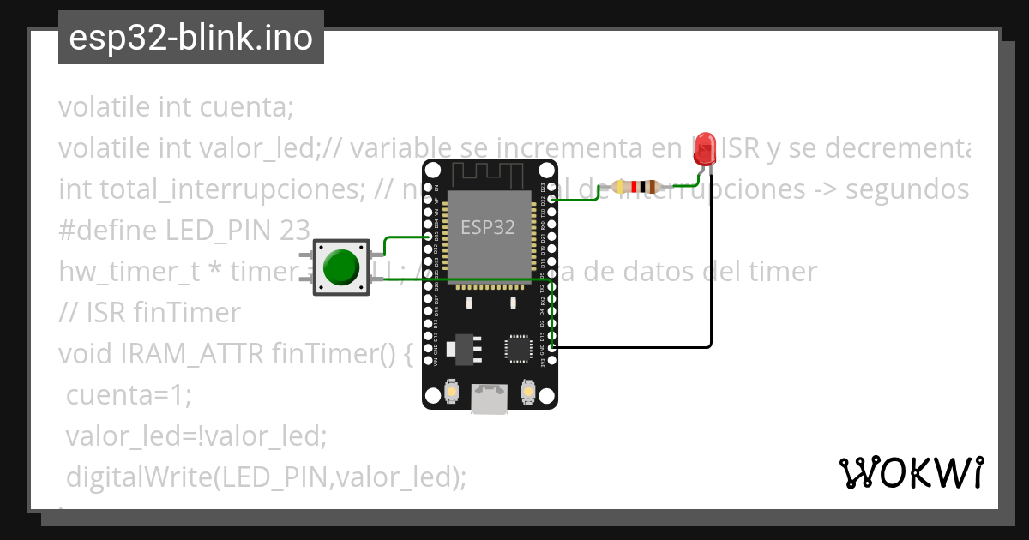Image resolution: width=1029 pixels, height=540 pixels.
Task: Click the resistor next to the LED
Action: (635, 186)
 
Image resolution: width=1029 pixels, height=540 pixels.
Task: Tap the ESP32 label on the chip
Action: (488, 227)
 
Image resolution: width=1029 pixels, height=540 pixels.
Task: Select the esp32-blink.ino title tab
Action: (190, 38)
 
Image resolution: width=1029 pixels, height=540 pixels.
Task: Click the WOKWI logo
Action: (911, 472)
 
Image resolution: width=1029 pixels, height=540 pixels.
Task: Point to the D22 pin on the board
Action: (551, 200)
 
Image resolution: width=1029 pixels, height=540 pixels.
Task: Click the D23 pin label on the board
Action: (542, 189)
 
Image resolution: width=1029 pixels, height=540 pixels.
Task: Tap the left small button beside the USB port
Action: (451, 393)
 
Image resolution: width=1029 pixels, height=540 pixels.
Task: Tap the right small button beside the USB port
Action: (528, 393)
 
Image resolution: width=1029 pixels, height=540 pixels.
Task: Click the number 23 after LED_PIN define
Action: (296, 231)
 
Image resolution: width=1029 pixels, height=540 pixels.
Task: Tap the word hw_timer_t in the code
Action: (129, 273)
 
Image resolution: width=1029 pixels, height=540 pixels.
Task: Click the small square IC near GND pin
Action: (518, 347)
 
